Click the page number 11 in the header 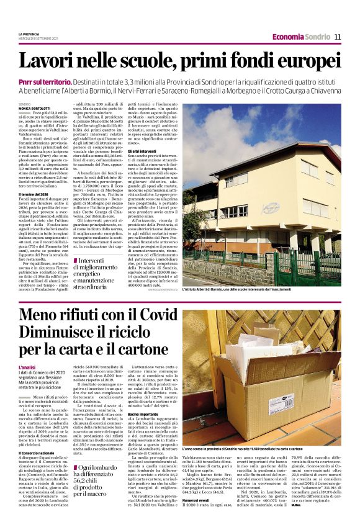tap(338, 37)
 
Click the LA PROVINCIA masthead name tap(29, 34)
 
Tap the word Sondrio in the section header tap(317, 37)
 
